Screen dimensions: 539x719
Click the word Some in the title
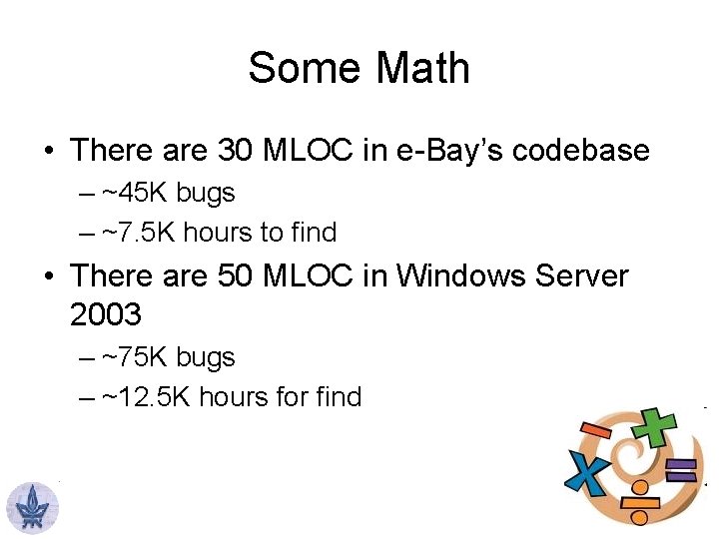[x=305, y=69]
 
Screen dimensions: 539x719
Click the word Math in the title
[x=423, y=69]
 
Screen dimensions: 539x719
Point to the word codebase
[x=588, y=151]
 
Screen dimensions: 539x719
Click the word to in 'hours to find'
[x=272, y=233]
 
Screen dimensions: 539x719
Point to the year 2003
[x=106, y=315]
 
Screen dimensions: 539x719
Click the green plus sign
[x=657, y=426]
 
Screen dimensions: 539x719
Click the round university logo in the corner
[x=33, y=507]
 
